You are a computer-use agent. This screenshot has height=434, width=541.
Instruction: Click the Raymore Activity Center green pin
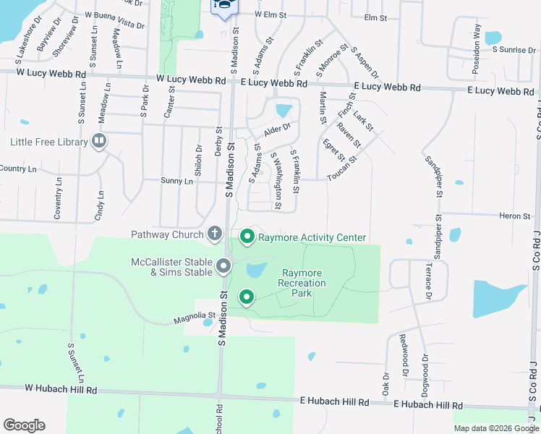pos(247,237)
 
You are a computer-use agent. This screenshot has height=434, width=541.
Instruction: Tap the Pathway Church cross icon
pos(214,234)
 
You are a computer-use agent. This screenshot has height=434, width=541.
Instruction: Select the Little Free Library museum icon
pos(100,141)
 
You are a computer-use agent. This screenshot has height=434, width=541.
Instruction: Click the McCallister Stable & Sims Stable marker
pos(223,267)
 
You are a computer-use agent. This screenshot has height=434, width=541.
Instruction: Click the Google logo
pos(24,425)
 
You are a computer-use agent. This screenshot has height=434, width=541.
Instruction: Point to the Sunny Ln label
pos(177,182)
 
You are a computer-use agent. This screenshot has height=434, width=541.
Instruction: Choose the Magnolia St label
pos(195,315)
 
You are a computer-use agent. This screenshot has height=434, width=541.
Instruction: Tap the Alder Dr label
pos(276,130)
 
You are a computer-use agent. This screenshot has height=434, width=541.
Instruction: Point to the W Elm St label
pos(270,14)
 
